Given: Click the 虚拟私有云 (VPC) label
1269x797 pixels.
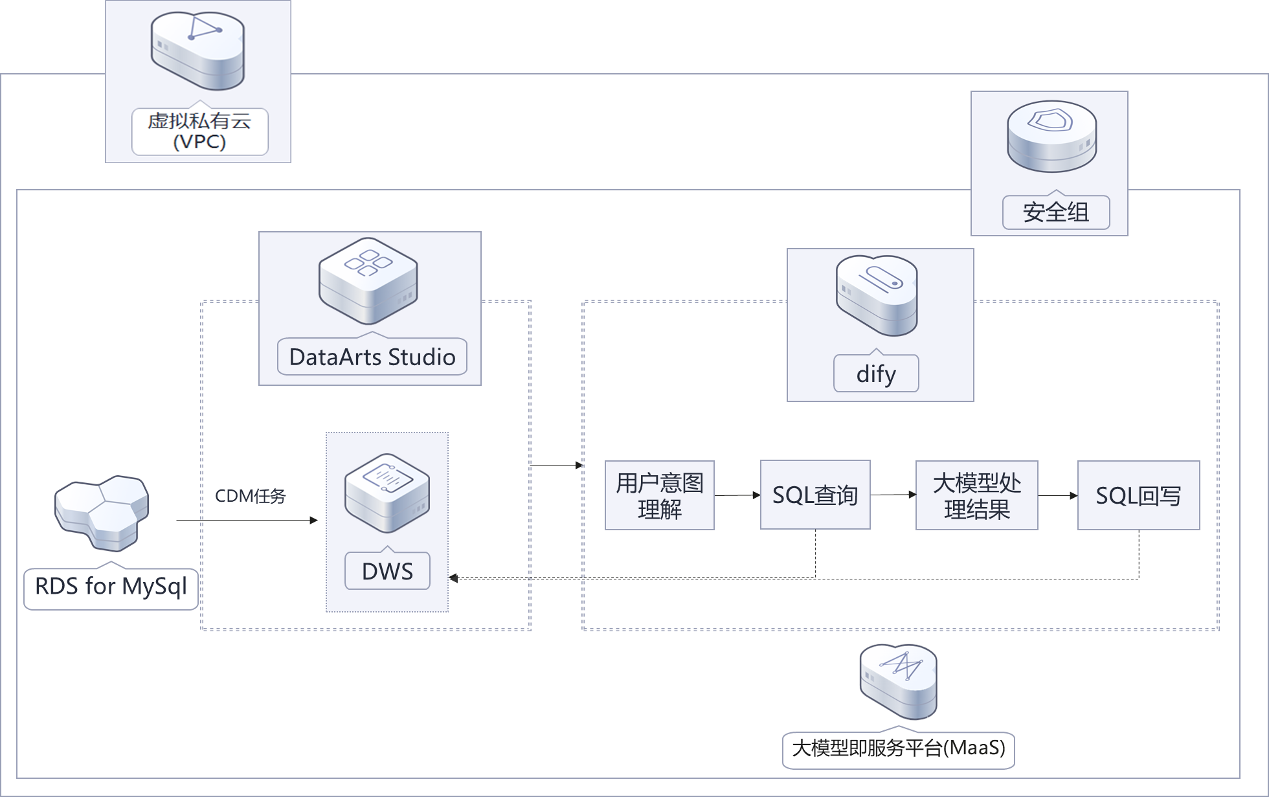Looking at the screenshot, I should point(199,131).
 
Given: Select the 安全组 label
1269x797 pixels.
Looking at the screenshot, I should point(1055,212).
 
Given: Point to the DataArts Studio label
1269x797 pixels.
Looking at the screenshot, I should point(372,357).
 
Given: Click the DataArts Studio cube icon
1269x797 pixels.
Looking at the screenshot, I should point(368,280).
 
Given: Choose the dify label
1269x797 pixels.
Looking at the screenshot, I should point(876,374).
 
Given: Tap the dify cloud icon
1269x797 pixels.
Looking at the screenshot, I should point(877,295).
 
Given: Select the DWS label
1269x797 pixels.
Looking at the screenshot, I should point(387,571).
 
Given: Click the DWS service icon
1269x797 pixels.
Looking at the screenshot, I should point(387,492).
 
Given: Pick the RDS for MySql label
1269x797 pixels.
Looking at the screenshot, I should point(111,587).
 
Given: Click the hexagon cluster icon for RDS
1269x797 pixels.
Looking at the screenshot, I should point(102,511).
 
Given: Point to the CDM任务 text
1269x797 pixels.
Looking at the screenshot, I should point(251,496).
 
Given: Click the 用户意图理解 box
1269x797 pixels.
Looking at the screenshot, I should point(659,495).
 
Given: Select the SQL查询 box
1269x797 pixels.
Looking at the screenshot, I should point(815,495).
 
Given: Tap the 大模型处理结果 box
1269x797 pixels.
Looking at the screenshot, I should point(976,495).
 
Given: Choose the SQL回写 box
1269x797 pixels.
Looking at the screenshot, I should point(1138,495).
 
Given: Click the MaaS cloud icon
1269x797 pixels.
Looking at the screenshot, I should point(898,680).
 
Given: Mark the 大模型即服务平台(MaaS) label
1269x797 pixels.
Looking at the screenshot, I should point(898,749).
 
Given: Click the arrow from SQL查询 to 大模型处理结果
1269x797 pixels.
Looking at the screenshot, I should point(893,495).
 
